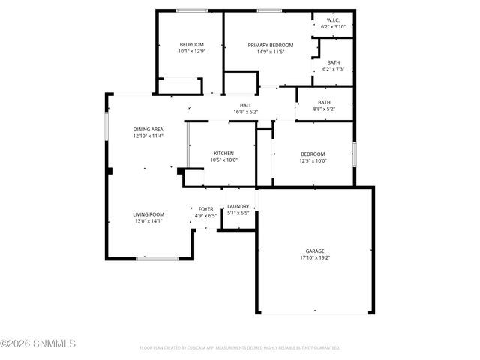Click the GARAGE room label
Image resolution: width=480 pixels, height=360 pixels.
(x=314, y=250)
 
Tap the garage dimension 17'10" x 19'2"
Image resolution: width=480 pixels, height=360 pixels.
(x=314, y=257)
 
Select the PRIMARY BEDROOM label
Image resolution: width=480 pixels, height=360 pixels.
(x=270, y=45)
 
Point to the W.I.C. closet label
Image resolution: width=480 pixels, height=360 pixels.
(x=333, y=19)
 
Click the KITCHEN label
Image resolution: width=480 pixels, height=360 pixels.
(x=223, y=153)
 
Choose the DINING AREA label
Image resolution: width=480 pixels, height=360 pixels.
(x=148, y=129)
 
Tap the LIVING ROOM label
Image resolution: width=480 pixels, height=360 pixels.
(x=148, y=214)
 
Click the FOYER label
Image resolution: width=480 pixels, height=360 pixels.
(x=205, y=209)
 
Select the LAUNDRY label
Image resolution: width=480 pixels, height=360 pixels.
(x=238, y=206)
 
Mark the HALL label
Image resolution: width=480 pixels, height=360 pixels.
(x=245, y=105)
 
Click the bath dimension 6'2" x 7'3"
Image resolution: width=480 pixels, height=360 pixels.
(x=333, y=69)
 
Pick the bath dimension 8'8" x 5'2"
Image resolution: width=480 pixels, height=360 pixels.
(x=324, y=109)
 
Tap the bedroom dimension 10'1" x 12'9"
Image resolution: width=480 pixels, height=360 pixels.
(x=191, y=51)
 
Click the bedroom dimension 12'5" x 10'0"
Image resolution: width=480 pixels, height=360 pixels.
(x=313, y=160)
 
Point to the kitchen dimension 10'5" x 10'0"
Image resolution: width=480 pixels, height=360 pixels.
(x=223, y=160)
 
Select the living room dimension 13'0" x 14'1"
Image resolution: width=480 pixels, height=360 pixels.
(x=148, y=221)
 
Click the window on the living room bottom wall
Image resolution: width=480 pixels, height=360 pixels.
(x=157, y=259)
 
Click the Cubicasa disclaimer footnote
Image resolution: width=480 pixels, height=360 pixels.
(x=239, y=348)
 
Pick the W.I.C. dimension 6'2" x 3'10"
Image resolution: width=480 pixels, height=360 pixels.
(x=333, y=26)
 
